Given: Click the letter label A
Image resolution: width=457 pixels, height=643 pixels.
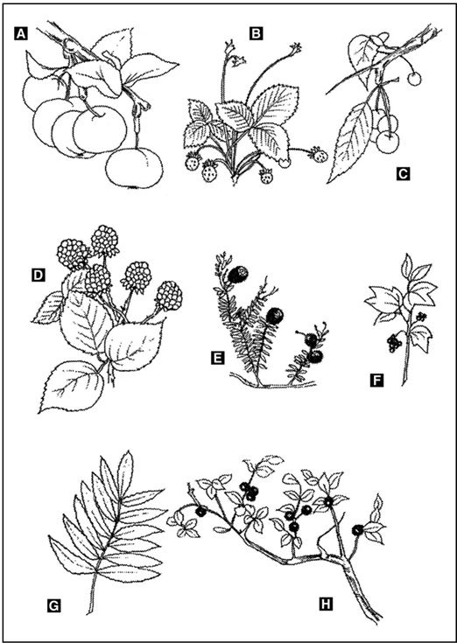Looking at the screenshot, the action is click(x=20, y=33).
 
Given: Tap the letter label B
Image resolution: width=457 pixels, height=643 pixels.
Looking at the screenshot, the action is click(x=256, y=34).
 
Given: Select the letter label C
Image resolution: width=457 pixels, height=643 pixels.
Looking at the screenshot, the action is click(x=403, y=175).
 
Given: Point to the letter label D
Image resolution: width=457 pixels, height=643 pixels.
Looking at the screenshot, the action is click(x=39, y=276).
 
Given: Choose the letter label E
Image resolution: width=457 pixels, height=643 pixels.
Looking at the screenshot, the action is click(x=217, y=359).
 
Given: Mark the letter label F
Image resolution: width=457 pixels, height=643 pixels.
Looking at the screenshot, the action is click(x=376, y=381).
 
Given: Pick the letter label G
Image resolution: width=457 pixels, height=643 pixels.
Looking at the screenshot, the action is click(x=53, y=605).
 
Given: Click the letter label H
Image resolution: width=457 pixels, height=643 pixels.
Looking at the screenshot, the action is click(x=326, y=604).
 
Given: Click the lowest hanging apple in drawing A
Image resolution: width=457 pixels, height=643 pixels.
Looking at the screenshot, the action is click(x=134, y=168).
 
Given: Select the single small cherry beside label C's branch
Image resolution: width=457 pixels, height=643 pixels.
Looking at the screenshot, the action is click(x=414, y=79).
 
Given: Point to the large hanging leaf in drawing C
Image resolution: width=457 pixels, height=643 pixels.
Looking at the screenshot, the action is click(x=348, y=142).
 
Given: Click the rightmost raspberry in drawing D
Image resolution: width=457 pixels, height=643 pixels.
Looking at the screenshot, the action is click(x=169, y=296).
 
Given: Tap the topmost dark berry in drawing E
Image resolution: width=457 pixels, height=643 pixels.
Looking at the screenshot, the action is click(x=238, y=275).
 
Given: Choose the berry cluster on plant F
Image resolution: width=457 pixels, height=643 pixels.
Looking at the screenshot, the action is click(x=395, y=343).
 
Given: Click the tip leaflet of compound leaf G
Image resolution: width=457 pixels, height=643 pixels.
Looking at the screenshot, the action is click(x=125, y=470).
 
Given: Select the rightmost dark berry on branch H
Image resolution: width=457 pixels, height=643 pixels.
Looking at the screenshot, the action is click(x=359, y=530).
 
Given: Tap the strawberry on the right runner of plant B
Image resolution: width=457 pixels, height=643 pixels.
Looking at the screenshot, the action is click(x=319, y=155).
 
